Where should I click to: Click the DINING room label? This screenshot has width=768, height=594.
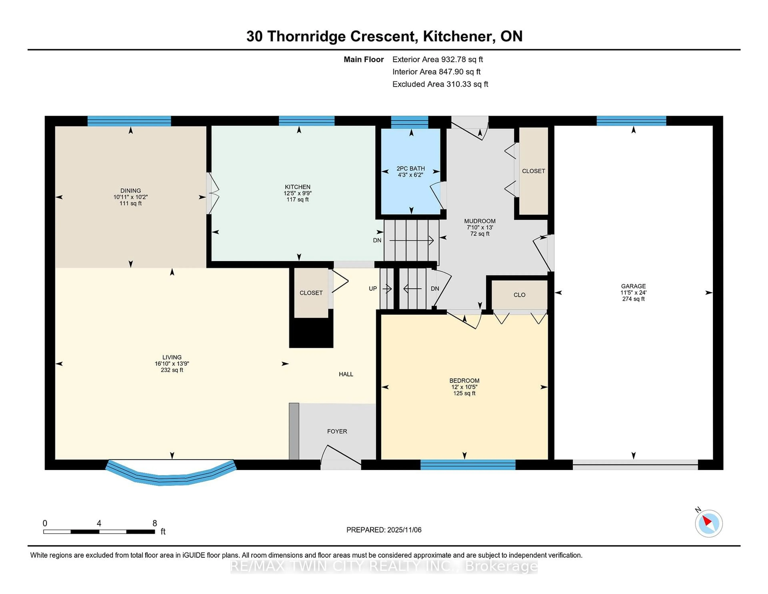pyautogui.click(x=130, y=190)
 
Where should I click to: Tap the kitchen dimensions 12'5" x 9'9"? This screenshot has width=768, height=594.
pyautogui.click(x=297, y=193)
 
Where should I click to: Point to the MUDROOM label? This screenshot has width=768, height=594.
pyautogui.click(x=480, y=221)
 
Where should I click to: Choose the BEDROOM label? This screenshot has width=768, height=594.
pyautogui.click(x=464, y=380)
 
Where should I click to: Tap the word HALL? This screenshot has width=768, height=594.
pyautogui.click(x=346, y=374)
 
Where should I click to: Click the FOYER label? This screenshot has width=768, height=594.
pyautogui.click(x=337, y=431)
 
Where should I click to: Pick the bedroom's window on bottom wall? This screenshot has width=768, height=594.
pyautogui.click(x=468, y=465)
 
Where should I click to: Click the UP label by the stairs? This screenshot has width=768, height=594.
pyautogui.click(x=373, y=289)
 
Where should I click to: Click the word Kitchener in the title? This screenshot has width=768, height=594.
pyautogui.click(x=457, y=36)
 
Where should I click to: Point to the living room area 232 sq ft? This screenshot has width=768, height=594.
pyautogui.click(x=172, y=370)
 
